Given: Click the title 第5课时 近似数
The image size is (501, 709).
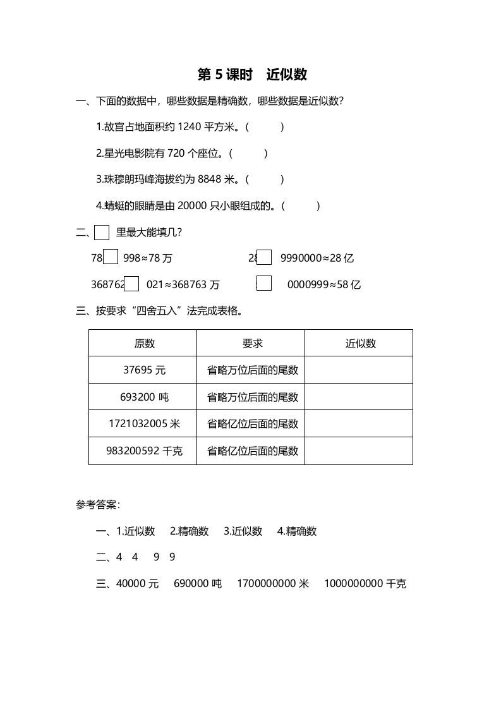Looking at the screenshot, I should (252, 75).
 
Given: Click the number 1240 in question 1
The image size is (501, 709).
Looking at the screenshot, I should (189, 127).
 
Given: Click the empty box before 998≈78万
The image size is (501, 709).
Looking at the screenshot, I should (111, 257).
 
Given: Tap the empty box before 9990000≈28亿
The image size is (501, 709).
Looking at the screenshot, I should (264, 257).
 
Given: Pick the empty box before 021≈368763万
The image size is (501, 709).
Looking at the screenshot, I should (131, 284).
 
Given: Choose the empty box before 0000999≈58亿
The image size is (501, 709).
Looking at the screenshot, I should (264, 284).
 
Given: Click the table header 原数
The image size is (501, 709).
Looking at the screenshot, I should (144, 343).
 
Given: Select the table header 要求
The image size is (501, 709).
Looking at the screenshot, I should (252, 343).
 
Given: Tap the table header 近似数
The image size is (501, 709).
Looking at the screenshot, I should (360, 343).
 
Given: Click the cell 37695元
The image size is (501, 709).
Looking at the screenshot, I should (144, 370).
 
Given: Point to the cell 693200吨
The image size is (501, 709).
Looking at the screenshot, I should (144, 397).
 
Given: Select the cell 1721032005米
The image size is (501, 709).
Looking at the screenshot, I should (144, 424).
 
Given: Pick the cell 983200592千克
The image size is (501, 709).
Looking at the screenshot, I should (144, 451).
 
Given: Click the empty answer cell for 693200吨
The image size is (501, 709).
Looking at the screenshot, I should (359, 397).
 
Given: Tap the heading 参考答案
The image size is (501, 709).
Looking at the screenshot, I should (98, 504).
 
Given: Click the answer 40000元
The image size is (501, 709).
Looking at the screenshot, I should (138, 584).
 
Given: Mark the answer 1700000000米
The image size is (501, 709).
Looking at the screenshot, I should (273, 584).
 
